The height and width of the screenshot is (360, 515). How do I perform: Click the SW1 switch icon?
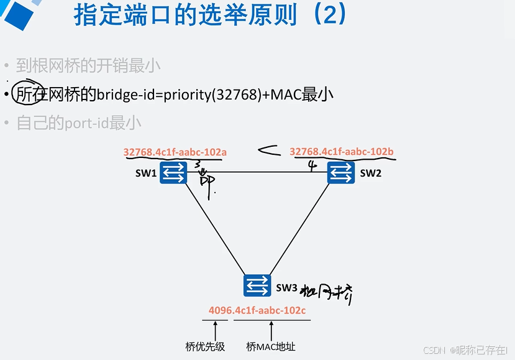tap(173, 172)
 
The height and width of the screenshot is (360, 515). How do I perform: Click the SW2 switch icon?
tap(341, 172)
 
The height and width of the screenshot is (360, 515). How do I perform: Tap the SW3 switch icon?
tap(257, 285)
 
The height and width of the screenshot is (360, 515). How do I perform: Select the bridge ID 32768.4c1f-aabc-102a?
tap(175, 152)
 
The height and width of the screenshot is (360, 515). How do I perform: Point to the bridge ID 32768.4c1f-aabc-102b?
tap(341, 152)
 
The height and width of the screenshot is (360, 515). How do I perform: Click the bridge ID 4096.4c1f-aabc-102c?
tap(257, 310)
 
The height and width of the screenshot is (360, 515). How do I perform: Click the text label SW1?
tap(146, 173)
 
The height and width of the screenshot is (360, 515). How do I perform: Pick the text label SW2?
tap(370, 173)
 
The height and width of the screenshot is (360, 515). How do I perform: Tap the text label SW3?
tap(286, 287)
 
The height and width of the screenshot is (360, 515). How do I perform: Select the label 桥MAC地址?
tap(271, 346)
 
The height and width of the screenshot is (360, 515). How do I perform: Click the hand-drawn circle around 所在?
tap(27, 95)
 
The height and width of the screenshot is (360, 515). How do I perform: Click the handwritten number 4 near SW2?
tap(312, 165)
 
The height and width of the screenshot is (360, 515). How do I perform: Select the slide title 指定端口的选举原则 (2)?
tap(209, 15)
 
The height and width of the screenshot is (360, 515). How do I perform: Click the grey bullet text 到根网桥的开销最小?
tap(88, 65)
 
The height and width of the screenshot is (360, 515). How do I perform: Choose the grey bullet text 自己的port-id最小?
tap(79, 123)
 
